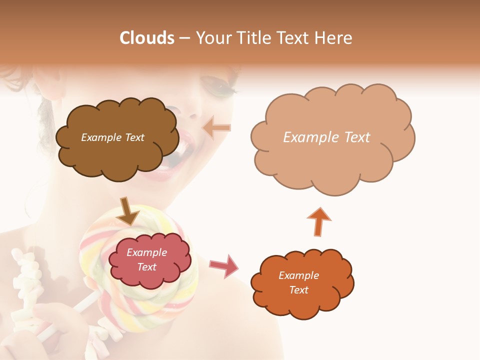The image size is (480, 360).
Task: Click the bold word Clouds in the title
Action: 147,38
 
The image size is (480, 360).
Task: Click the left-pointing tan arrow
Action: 216,127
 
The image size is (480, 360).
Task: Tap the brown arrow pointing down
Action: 127,211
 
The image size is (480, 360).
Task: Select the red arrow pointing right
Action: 224,265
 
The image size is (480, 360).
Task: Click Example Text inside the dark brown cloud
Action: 112,137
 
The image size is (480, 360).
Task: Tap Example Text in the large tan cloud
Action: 326,137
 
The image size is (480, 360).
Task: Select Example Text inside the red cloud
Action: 146,260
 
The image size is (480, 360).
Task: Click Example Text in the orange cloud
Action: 298,282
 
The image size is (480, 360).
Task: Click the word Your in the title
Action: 213,38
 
